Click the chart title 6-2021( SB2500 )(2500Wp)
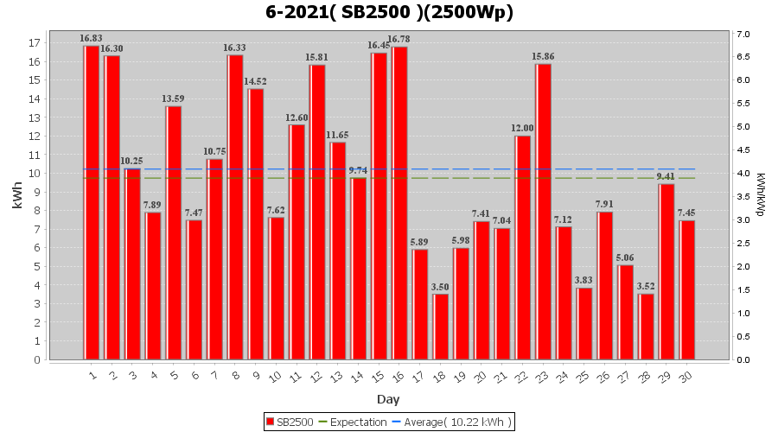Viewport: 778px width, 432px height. click(x=388, y=13)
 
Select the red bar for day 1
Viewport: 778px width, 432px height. click(x=91, y=203)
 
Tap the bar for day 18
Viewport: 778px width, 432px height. click(x=441, y=327)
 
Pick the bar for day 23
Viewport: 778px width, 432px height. click(x=543, y=212)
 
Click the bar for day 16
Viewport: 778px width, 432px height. click(x=399, y=203)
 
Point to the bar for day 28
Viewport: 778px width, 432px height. click(x=646, y=327)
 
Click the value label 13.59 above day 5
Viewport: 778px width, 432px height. click(x=174, y=98)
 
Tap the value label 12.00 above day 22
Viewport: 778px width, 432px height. click(x=523, y=128)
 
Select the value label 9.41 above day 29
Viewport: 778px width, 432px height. click(x=666, y=176)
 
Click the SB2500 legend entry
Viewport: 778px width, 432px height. click(x=290, y=422)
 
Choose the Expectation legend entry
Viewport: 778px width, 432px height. click(x=354, y=422)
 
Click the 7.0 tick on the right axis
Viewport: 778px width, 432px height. click(x=743, y=35)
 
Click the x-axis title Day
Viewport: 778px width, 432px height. click(x=388, y=399)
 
